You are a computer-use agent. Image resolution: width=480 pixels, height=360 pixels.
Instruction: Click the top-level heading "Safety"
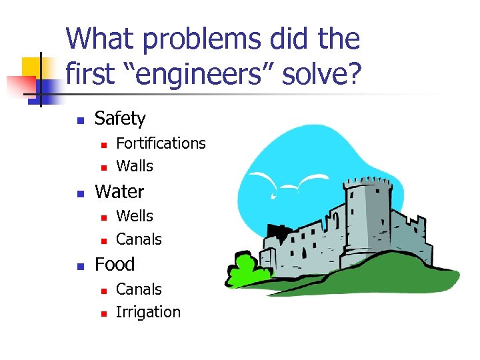120,119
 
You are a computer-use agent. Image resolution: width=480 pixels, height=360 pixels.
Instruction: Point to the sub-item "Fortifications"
161,143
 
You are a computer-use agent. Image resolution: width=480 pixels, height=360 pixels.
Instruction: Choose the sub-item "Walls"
135,166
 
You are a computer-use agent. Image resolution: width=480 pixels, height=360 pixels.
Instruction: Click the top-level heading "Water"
119,192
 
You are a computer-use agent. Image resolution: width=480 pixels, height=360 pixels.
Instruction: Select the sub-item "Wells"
135,216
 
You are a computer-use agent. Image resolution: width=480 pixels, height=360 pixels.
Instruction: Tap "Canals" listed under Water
139,239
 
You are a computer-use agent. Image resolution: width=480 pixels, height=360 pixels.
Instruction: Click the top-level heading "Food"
115,265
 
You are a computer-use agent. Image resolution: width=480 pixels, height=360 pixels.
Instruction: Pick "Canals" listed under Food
139,289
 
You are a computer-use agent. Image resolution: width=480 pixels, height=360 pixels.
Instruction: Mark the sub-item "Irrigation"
148,312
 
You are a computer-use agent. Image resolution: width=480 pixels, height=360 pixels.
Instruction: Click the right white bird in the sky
311,180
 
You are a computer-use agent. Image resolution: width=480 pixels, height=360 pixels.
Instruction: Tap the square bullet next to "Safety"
79,121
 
